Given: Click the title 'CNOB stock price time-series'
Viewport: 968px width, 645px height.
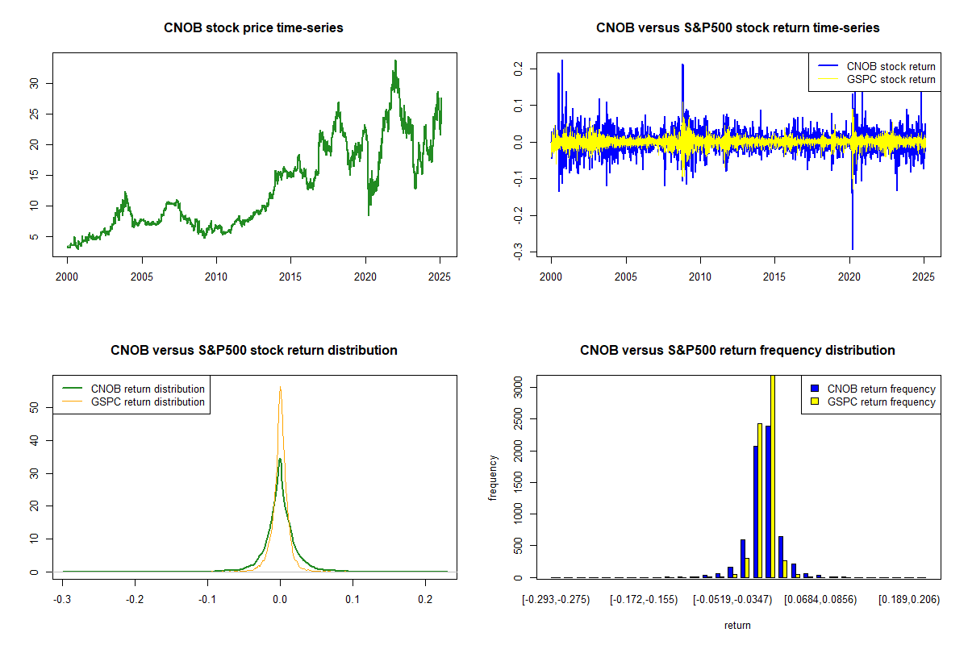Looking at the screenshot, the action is [253, 27].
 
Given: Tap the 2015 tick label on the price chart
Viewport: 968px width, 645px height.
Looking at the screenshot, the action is [290, 277].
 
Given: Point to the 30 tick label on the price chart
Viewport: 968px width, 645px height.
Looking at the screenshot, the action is [34, 83].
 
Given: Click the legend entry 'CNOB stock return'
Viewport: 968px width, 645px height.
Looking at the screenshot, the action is [876, 66].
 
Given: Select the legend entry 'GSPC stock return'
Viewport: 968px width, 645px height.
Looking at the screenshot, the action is [876, 80].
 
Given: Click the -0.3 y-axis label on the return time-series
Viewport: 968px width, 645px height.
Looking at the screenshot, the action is [518, 252].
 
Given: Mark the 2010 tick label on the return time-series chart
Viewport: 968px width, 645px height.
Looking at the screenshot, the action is [700, 277].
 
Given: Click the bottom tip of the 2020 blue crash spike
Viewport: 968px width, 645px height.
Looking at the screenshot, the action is [853, 249].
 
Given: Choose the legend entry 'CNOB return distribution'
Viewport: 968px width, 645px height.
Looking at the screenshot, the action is [134, 389].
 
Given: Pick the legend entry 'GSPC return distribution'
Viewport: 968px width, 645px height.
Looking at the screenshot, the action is [134, 402].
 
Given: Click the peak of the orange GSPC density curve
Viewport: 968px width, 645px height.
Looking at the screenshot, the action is [280, 387].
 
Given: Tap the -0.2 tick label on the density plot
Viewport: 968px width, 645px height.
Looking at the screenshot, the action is [135, 599].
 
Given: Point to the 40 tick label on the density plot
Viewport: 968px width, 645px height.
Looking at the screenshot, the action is [34, 440].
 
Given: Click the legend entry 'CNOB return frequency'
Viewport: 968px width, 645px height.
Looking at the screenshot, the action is [874, 389].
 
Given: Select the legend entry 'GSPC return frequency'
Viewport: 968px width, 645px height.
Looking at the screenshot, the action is [874, 402].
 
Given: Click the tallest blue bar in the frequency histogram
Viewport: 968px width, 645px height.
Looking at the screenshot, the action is [768, 501].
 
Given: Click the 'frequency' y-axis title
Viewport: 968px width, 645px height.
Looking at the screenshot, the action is [492, 478].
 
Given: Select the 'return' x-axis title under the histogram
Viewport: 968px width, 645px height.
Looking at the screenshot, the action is [737, 625].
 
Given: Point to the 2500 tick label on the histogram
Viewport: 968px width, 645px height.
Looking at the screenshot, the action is [518, 419].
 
